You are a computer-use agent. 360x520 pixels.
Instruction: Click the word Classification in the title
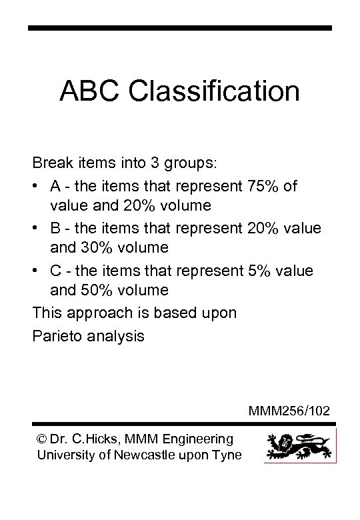[215, 91]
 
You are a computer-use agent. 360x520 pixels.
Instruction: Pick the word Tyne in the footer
[229, 455]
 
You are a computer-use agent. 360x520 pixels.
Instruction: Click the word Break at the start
[51, 163]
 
